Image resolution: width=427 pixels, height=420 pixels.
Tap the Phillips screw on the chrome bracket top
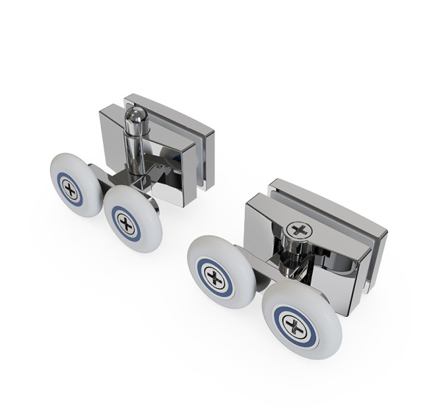pyautogui.click(x=297, y=229)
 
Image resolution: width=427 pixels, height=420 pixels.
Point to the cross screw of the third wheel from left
pyautogui.click(x=215, y=278)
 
